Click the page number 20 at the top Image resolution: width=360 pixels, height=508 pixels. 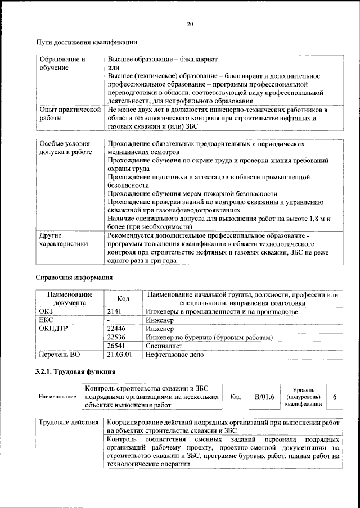[x=190, y=24]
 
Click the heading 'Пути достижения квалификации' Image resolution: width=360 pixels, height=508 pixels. [x=87, y=42]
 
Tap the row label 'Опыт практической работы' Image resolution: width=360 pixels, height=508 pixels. [x=70, y=114]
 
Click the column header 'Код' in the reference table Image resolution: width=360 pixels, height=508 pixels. [x=123, y=299]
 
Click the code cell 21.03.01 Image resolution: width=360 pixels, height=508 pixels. [x=119, y=355]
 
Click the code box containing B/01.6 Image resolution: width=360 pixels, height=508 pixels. [x=264, y=397]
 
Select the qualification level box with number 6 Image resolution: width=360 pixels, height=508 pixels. [x=335, y=397]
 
